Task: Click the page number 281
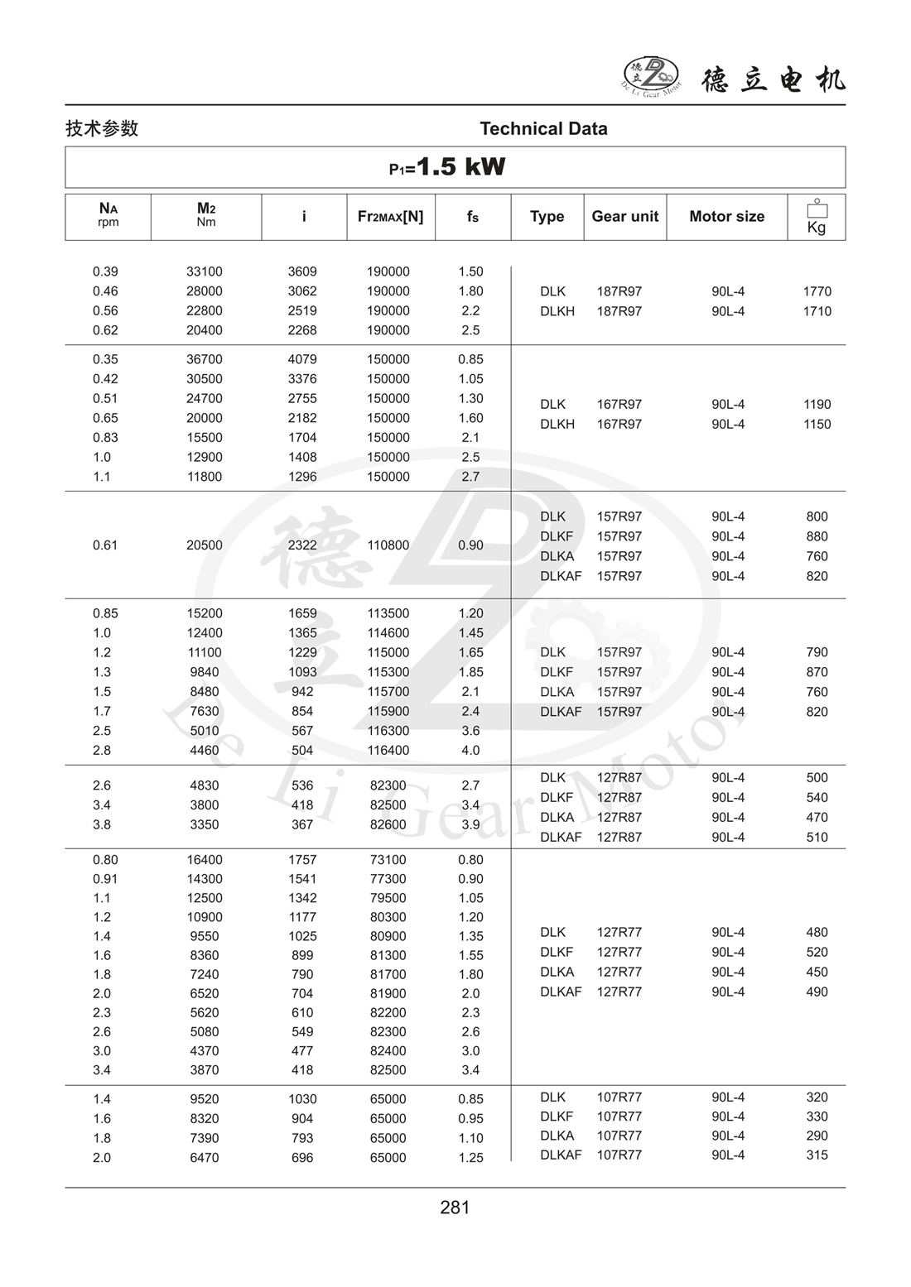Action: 455,1208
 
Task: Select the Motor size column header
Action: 726,217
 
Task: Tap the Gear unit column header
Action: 624,217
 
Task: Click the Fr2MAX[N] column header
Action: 390,217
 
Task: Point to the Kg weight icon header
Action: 817,217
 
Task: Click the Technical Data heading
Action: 543,129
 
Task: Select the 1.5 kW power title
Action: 448,167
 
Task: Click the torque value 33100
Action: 205,271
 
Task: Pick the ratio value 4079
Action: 302,359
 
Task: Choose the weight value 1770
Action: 817,291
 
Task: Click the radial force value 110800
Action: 388,545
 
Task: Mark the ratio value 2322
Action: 302,545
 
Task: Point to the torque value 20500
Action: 205,545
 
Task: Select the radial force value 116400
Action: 388,751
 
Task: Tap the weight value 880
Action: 817,536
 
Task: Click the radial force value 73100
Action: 388,860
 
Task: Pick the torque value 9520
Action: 205,1099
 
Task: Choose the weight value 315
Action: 817,1155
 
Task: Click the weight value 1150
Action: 817,425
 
